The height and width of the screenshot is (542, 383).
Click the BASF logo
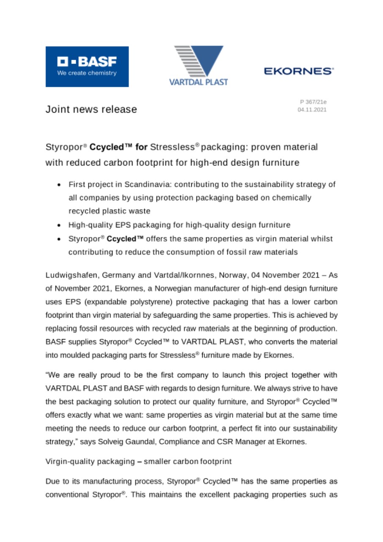click(87, 66)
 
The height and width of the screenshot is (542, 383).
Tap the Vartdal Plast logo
click(198, 66)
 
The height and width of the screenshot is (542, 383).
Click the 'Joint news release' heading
click(91, 109)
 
